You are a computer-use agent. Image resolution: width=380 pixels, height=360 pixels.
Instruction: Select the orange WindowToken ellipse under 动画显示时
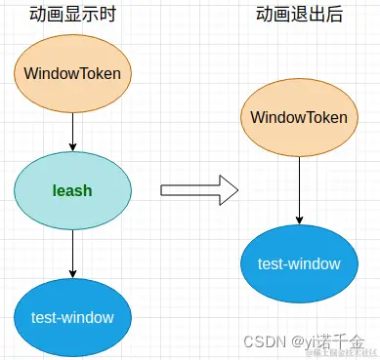(72, 74)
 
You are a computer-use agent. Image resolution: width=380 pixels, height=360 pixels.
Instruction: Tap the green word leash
(72, 190)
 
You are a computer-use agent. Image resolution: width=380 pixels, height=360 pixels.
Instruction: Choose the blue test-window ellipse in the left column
(72, 318)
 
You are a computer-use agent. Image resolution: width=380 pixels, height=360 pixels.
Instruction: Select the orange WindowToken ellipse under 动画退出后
(299, 118)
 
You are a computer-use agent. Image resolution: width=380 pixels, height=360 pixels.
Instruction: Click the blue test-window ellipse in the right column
(299, 264)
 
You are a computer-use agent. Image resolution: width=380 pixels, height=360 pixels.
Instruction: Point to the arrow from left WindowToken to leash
(72, 131)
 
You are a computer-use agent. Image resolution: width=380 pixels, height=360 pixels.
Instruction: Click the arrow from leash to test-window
(72, 252)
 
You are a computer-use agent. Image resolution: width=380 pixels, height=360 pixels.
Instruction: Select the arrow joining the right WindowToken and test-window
(299, 185)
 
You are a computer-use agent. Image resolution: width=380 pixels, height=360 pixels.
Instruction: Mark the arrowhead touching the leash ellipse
(72, 147)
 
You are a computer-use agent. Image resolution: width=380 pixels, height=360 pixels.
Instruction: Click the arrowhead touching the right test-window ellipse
(299, 220)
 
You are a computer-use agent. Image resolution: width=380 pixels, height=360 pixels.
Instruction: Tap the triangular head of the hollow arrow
(229, 190)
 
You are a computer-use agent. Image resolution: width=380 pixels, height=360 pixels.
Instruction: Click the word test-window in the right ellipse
(299, 264)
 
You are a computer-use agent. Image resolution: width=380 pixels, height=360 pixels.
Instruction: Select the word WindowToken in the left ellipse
(72, 74)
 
